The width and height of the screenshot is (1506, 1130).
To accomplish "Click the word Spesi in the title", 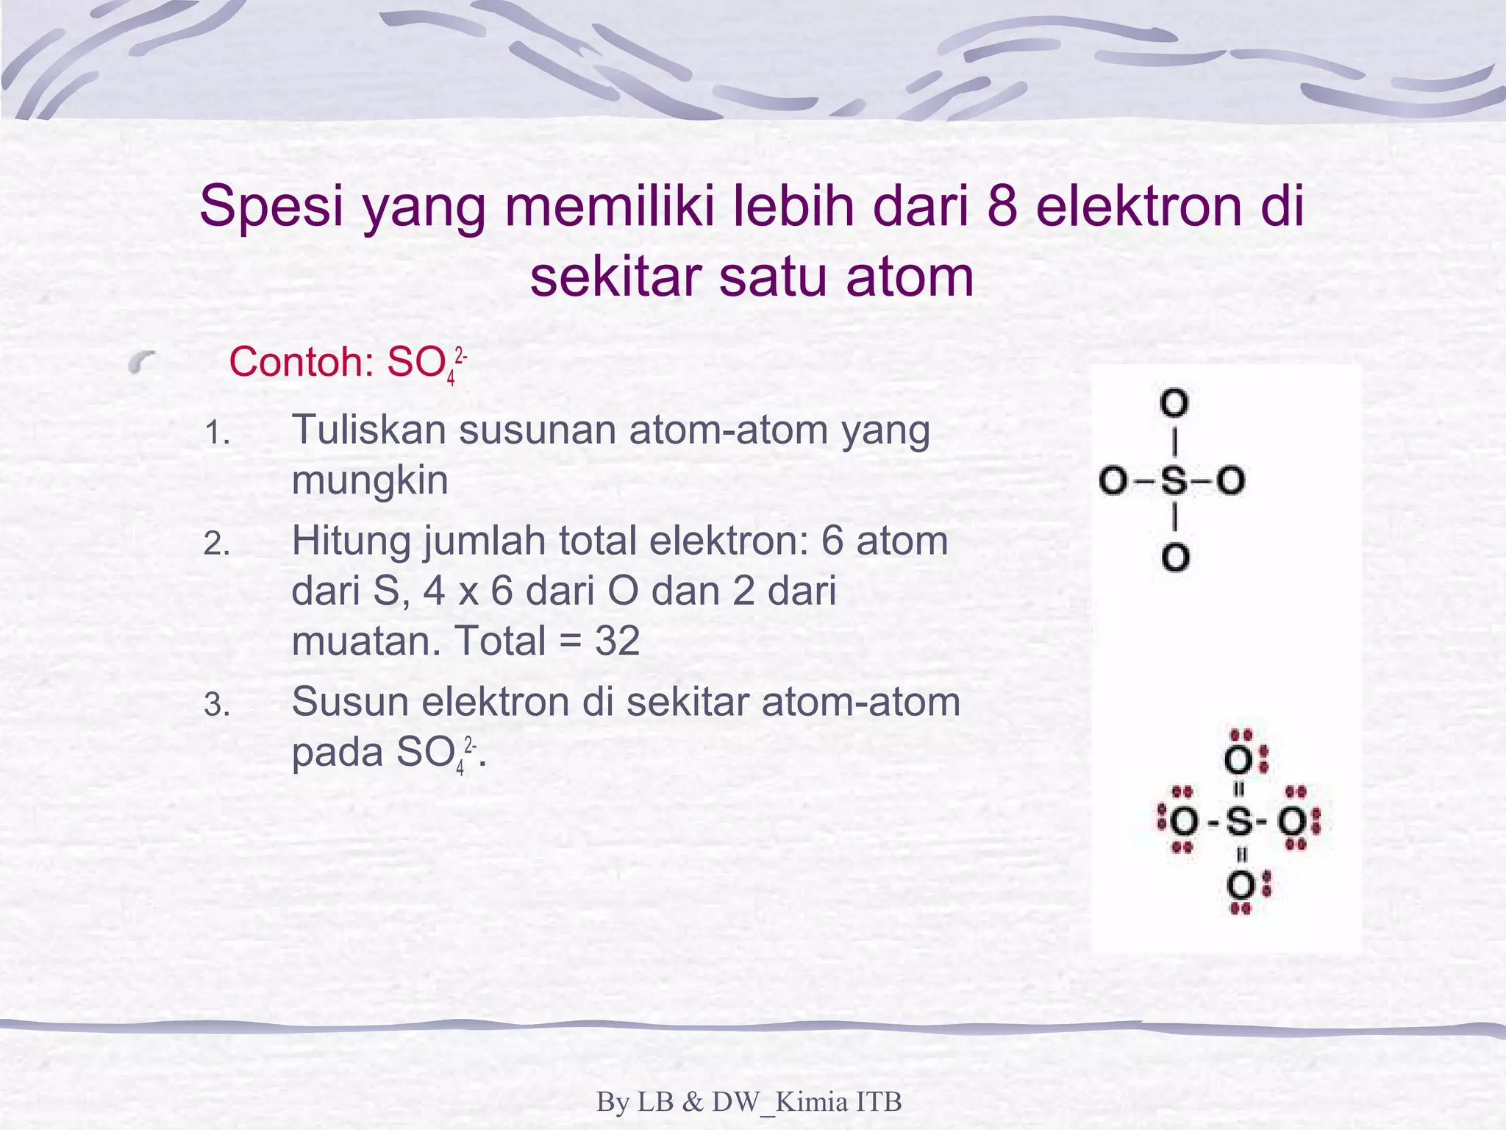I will pyautogui.click(x=271, y=207).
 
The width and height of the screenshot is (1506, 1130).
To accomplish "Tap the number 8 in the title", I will pyautogui.click(x=1002, y=206).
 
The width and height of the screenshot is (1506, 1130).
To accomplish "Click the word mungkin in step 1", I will pyautogui.click(x=369, y=481).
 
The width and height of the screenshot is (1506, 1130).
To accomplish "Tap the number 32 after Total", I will pyautogui.click(x=618, y=641).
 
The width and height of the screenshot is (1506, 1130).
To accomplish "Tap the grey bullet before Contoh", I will pyautogui.click(x=142, y=362).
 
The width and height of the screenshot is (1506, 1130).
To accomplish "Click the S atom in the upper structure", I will pyautogui.click(x=1174, y=481).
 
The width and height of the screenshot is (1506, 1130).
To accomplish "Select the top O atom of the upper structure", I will pyautogui.click(x=1174, y=403).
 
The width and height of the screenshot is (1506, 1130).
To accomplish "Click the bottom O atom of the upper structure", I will pyautogui.click(x=1175, y=558).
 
